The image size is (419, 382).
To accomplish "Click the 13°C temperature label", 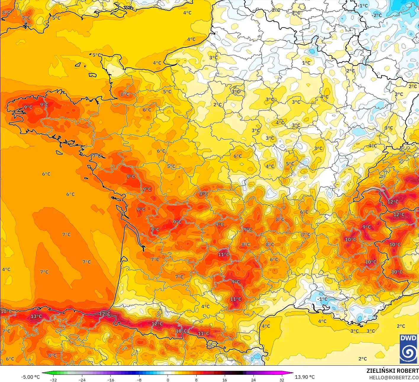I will (36, 316).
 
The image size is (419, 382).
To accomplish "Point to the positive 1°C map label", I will (306, 63).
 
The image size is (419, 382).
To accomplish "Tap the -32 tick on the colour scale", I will (53, 380).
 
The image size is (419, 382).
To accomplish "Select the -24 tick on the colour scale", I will (82, 380).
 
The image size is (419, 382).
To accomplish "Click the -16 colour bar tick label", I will (110, 380).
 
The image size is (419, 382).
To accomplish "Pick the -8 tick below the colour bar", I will (139, 380).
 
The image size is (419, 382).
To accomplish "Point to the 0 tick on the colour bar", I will (168, 380).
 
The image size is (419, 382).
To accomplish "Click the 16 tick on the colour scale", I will (225, 380).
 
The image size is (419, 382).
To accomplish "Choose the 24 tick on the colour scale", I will (253, 380).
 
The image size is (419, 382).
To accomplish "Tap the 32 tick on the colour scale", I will (282, 380).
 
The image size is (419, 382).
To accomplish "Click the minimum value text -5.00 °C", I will (30, 377).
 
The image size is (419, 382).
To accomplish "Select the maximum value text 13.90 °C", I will (305, 377).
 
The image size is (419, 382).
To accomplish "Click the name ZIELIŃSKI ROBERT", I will (392, 371).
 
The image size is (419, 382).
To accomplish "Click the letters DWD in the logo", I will (408, 338).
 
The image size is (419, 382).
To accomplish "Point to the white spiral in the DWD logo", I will (408, 352).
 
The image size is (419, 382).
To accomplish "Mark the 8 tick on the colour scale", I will (196, 380).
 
